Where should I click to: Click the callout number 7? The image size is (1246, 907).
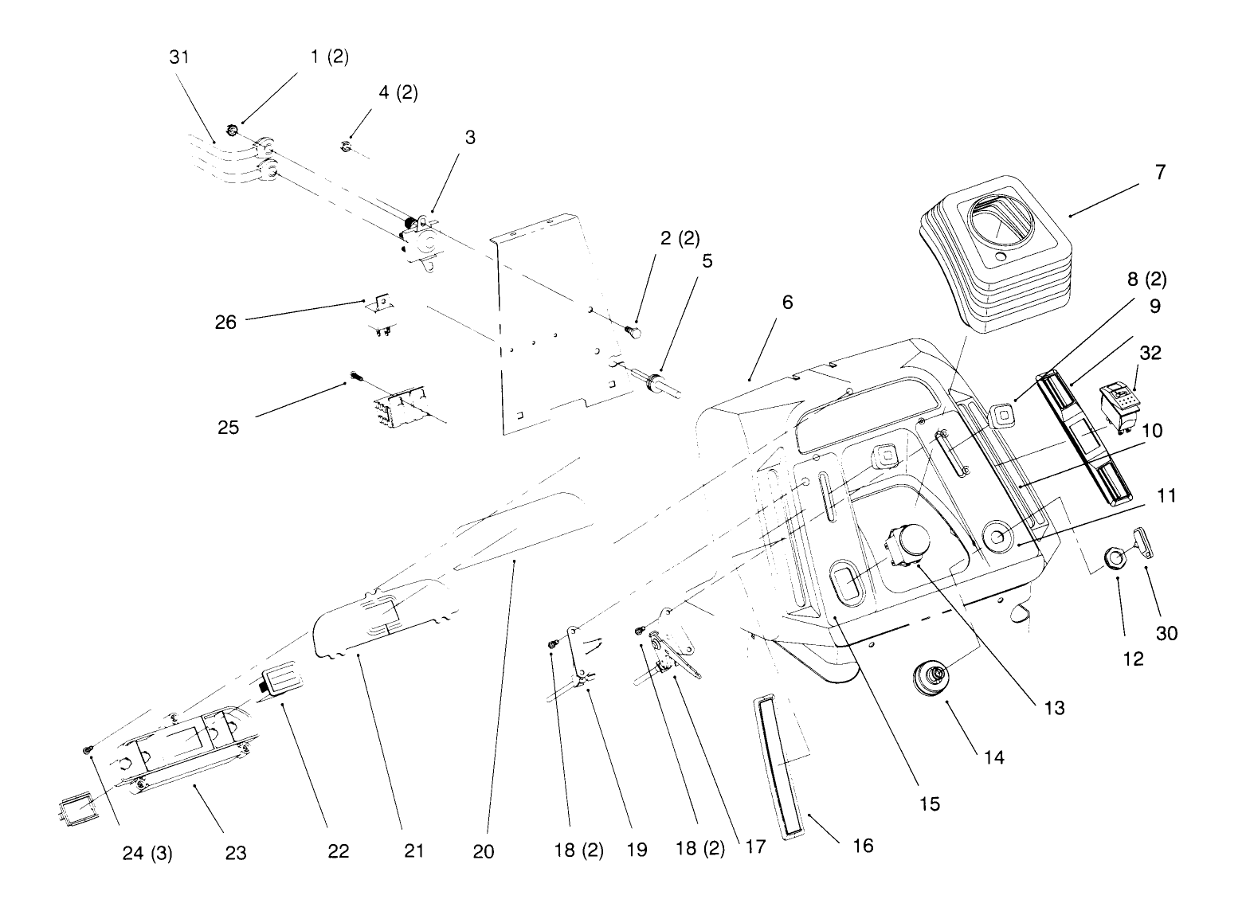pyautogui.click(x=1160, y=171)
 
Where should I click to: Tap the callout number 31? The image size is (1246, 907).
pyautogui.click(x=179, y=57)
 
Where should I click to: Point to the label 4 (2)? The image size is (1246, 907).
pyautogui.click(x=398, y=92)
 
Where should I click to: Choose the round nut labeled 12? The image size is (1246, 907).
pyautogui.click(x=1113, y=558)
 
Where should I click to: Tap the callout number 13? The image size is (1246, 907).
pyautogui.click(x=1053, y=707)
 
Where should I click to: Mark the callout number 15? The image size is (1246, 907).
pyautogui.click(x=929, y=803)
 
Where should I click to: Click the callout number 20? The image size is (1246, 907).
pyautogui.click(x=483, y=851)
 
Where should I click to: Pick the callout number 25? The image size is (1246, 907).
pyautogui.click(x=228, y=428)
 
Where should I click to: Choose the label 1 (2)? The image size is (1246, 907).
pyautogui.click(x=329, y=57)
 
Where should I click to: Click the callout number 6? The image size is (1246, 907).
pyautogui.click(x=787, y=303)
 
